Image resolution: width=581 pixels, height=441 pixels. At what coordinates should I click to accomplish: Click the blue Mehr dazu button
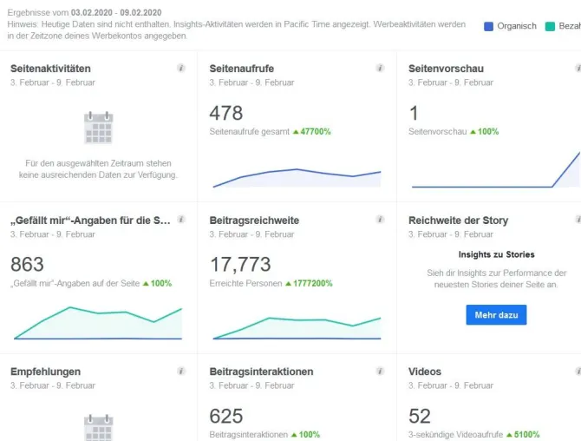click(x=496, y=315)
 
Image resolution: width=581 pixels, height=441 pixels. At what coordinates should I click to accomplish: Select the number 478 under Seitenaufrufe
click(x=226, y=113)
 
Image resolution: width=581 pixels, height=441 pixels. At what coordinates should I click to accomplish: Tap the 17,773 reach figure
click(x=240, y=265)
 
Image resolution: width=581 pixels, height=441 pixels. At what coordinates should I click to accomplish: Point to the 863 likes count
click(x=27, y=265)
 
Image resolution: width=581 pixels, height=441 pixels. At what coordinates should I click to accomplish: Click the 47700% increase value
click(x=316, y=132)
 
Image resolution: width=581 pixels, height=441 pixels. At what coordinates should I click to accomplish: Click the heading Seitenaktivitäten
click(x=50, y=69)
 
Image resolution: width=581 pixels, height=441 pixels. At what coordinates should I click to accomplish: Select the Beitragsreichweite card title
click(x=254, y=220)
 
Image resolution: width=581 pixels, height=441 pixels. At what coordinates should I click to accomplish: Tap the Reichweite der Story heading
click(x=459, y=220)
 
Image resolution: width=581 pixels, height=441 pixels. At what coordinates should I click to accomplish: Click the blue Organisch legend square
click(x=488, y=26)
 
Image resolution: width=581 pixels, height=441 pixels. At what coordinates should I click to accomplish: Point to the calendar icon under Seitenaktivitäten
click(x=98, y=128)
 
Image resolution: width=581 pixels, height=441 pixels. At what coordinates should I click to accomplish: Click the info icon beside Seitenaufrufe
click(x=380, y=68)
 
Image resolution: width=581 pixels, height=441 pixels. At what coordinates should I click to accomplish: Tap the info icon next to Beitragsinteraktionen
click(x=380, y=371)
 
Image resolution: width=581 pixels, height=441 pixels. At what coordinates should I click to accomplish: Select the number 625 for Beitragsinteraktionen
click(x=226, y=416)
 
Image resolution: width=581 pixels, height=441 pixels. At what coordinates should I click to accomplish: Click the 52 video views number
click(x=420, y=416)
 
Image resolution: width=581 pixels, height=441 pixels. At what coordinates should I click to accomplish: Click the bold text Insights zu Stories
click(x=497, y=254)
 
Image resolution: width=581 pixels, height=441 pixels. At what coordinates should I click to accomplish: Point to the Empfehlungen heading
click(x=46, y=372)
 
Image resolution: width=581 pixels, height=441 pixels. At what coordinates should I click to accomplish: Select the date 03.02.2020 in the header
click(x=92, y=13)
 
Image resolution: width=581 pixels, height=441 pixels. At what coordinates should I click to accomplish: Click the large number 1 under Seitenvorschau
click(x=414, y=113)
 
